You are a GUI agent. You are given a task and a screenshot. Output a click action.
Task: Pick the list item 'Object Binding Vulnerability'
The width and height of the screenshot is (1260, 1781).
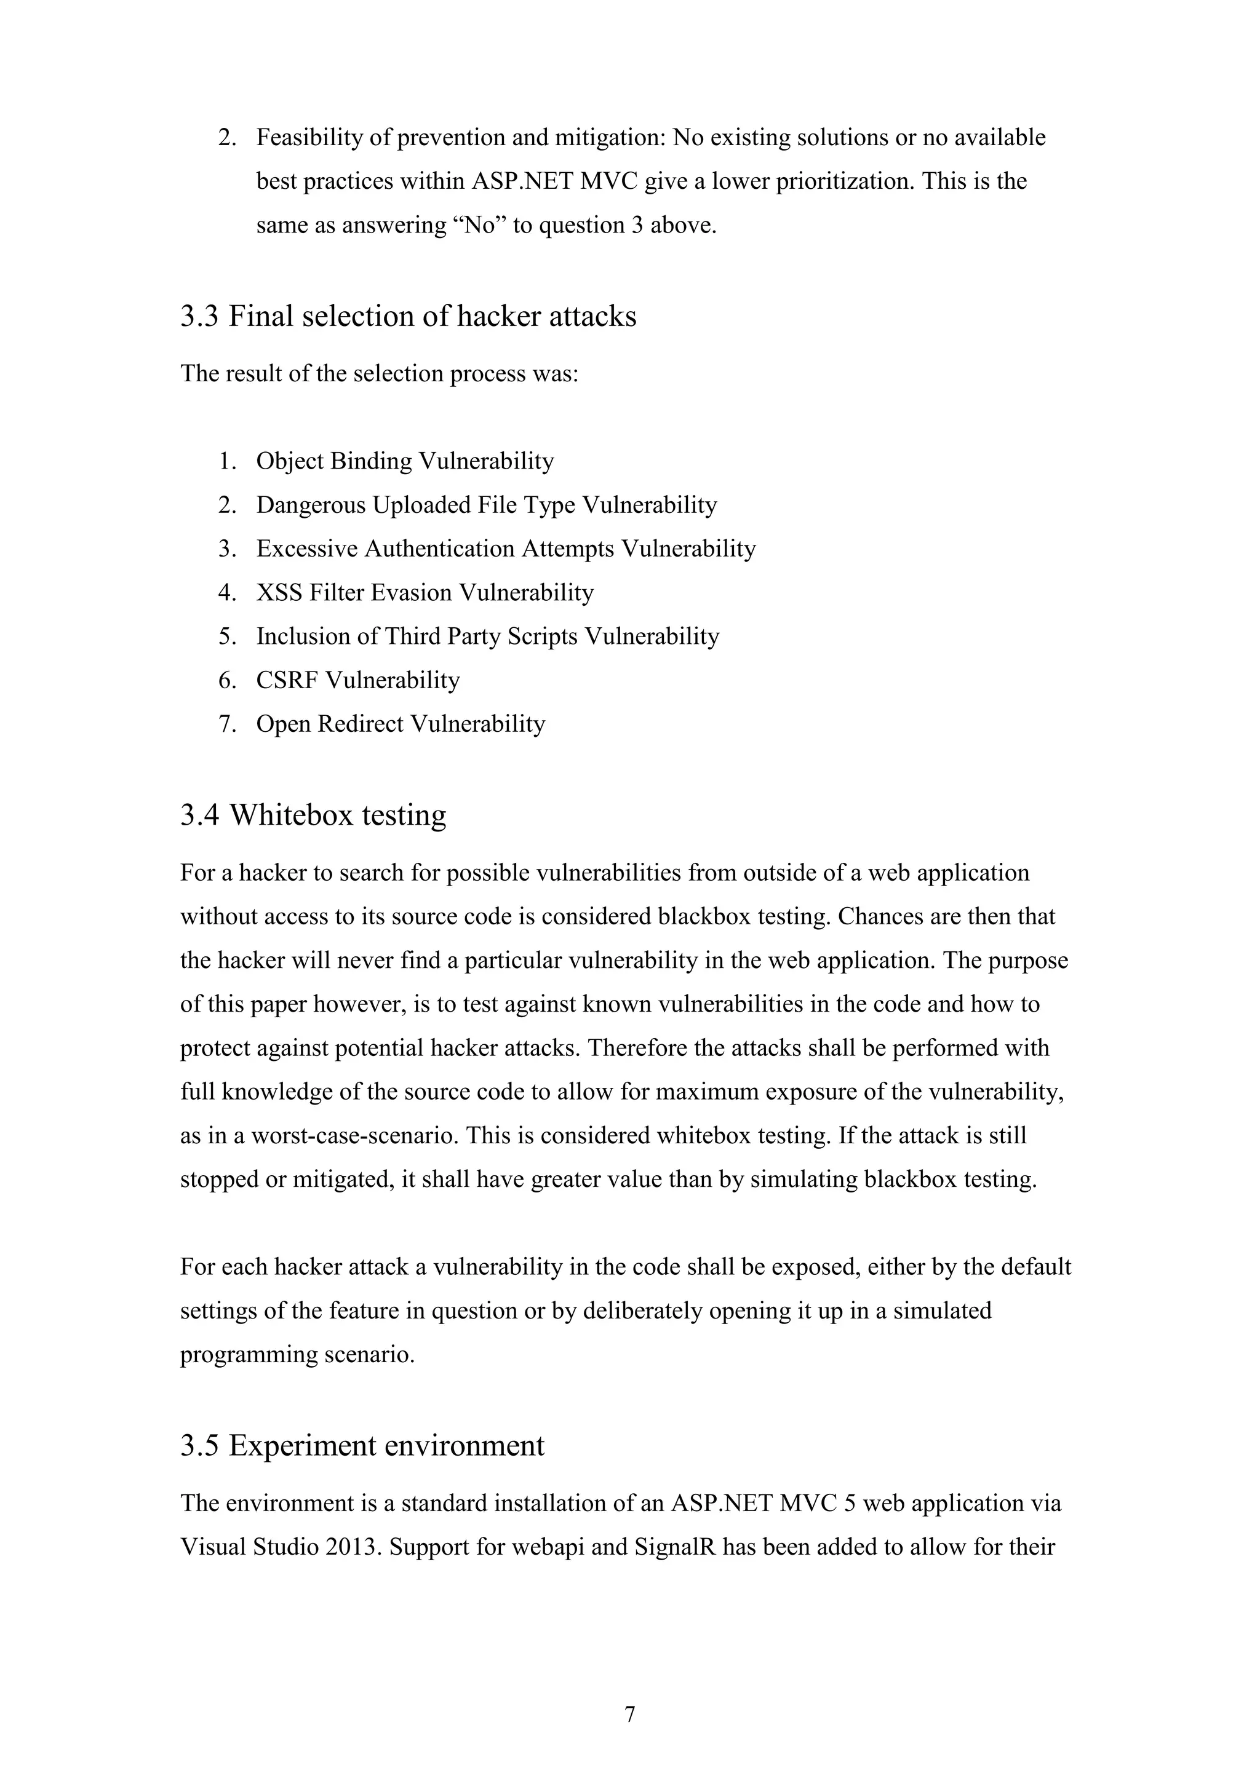[405, 461]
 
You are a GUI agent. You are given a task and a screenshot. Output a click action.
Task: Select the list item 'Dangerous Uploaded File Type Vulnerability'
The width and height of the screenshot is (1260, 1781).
[487, 505]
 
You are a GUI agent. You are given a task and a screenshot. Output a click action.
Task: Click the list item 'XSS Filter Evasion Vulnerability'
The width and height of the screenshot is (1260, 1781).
[425, 593]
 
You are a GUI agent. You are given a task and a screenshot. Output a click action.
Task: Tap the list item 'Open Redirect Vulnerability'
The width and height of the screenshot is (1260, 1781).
[401, 724]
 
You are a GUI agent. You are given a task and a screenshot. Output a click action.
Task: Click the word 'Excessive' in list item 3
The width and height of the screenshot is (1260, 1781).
[306, 549]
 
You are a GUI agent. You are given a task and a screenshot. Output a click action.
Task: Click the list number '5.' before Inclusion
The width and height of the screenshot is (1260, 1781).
[227, 637]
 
